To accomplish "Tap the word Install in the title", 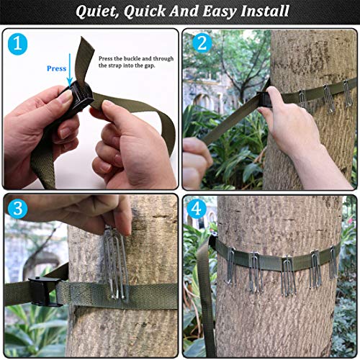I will pos(262,12).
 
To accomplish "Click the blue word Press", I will pos(56,69).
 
